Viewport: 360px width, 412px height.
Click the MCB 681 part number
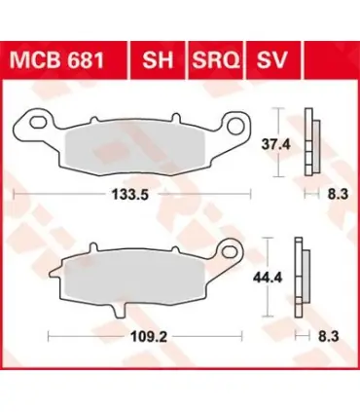(56, 60)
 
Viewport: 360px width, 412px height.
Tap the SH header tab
(158, 60)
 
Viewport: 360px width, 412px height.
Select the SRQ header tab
(216, 60)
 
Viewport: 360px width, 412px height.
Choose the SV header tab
(271, 60)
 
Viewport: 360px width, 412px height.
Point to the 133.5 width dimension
(129, 195)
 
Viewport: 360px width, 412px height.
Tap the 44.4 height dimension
(268, 278)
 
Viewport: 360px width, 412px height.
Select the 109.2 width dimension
(149, 337)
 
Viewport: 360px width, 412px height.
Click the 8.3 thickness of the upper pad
(338, 195)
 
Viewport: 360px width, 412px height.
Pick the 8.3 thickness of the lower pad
(329, 336)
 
